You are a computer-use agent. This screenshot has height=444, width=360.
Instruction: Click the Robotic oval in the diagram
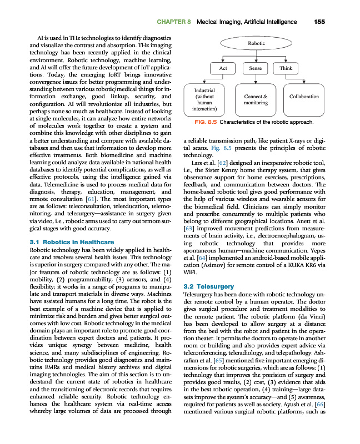pyautogui.click(x=256, y=43)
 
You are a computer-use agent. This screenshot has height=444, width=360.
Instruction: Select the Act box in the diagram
pyautogui.click(x=223, y=68)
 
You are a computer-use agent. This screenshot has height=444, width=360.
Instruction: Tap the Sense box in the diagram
pyautogui.click(x=256, y=68)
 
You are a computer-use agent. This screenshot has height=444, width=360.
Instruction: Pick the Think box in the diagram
pyautogui.click(x=286, y=68)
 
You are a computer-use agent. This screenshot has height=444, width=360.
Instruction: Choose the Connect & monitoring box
pyautogui.click(x=256, y=99)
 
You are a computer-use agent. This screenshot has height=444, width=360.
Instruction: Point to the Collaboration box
pyautogui.click(x=304, y=97)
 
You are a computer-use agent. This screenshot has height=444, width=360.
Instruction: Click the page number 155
pyautogui.click(x=319, y=22)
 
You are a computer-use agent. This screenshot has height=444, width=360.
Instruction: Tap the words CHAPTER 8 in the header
pyautogui.click(x=174, y=22)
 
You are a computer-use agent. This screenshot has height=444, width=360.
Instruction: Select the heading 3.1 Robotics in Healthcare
pyautogui.click(x=71, y=243)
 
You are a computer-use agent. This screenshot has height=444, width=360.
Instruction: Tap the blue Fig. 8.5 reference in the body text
pyautogui.click(x=220, y=148)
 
